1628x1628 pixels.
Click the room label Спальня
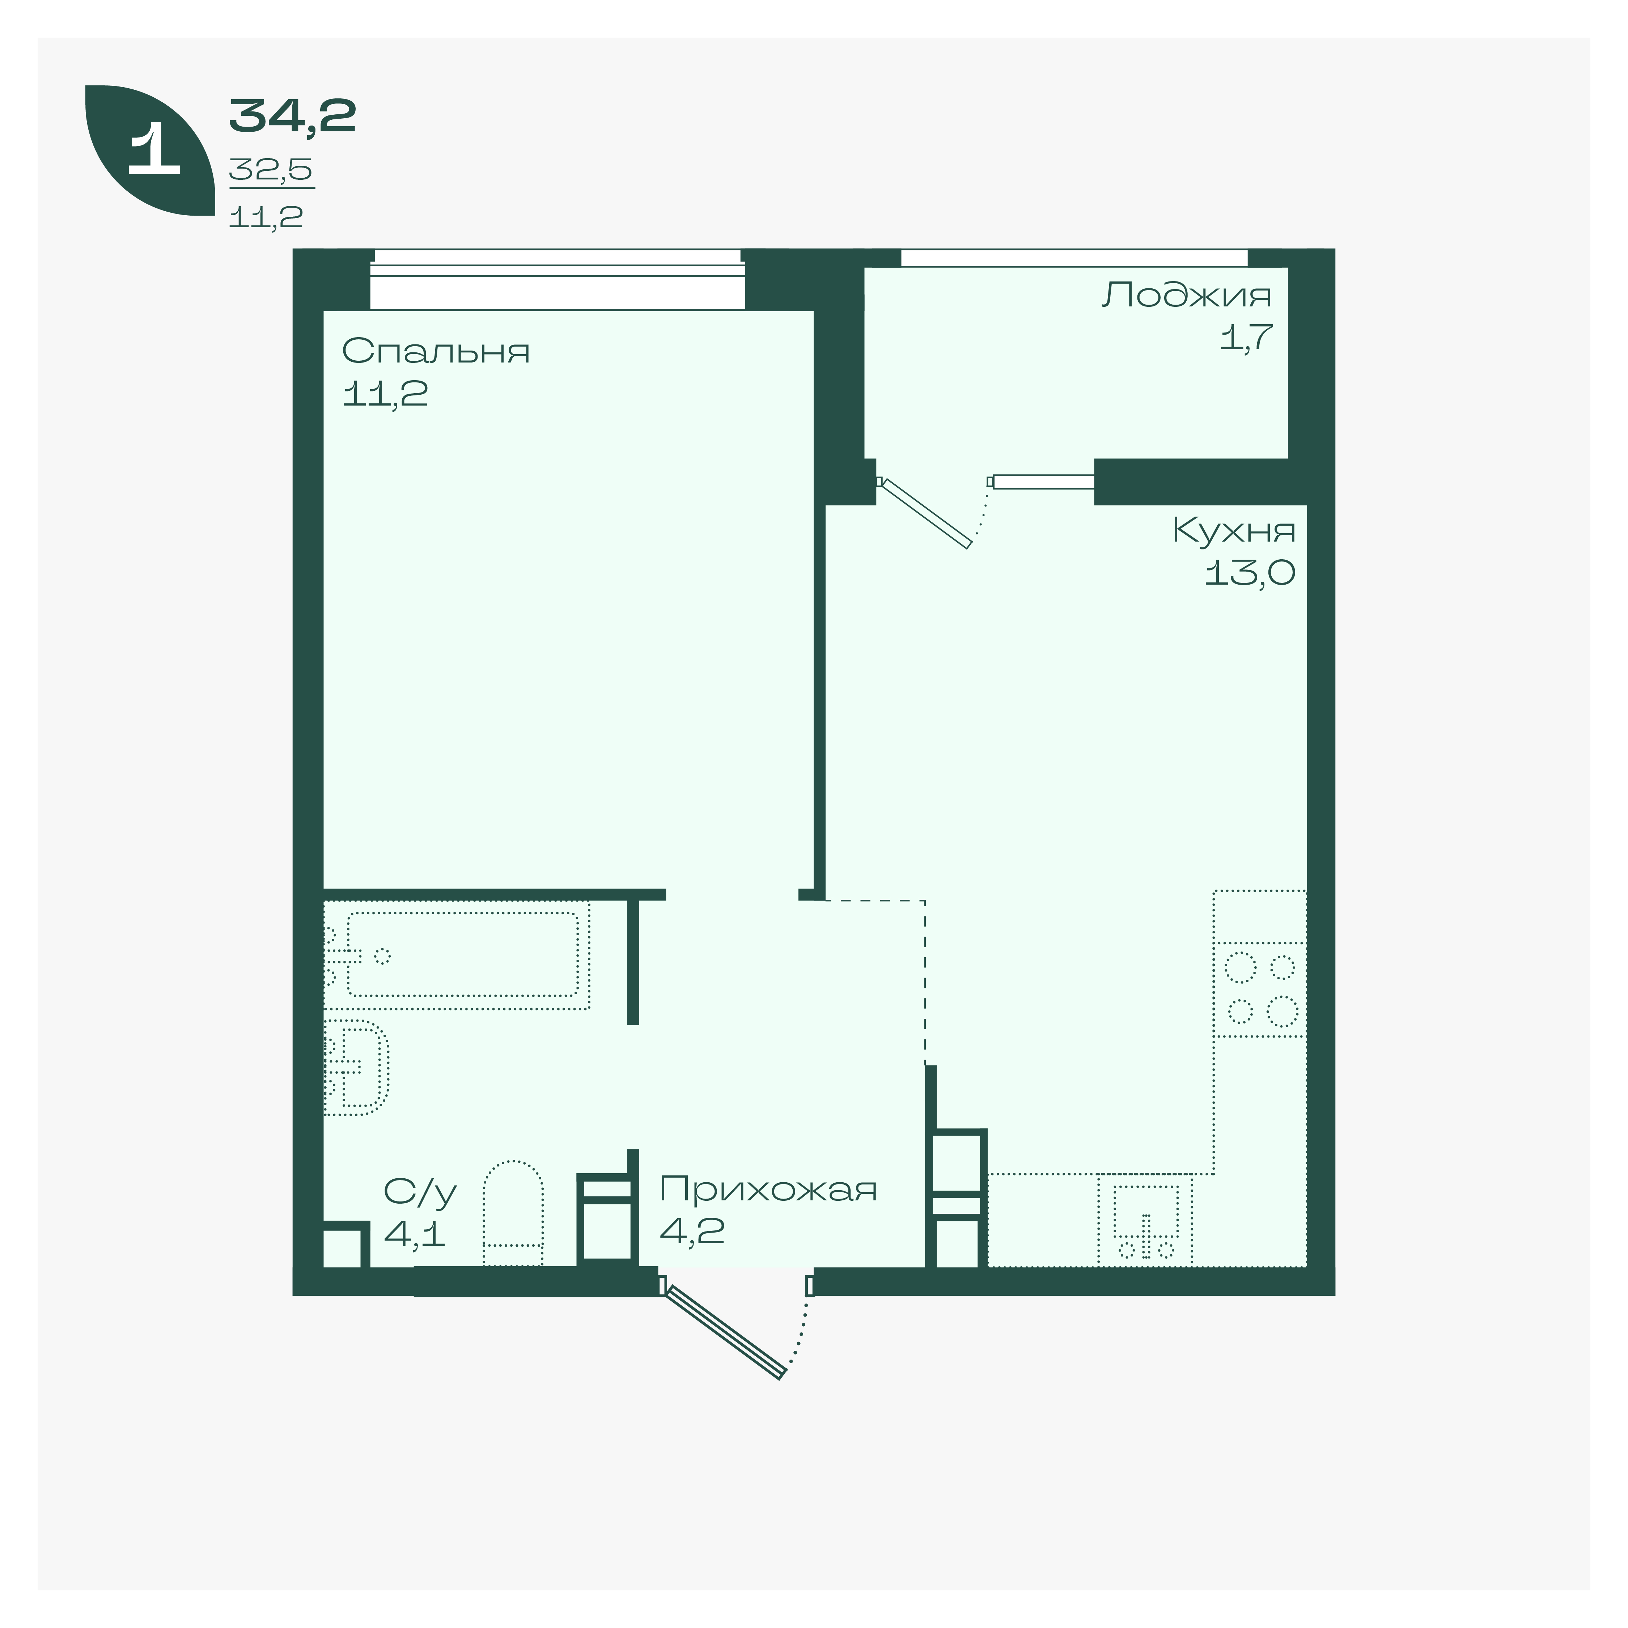[x=436, y=351]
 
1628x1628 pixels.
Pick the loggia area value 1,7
[x=1246, y=337]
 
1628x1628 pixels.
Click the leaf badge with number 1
[x=150, y=150]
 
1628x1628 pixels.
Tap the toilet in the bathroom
[x=513, y=1213]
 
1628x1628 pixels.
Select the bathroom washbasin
[x=356, y=1067]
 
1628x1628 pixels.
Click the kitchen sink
[x=1145, y=1219]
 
